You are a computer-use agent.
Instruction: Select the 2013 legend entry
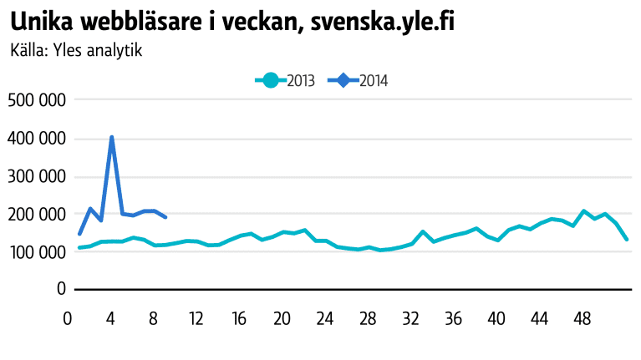284,81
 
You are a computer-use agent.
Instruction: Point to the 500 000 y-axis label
36,100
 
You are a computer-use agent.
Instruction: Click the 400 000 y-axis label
36,139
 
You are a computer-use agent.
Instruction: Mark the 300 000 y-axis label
36,176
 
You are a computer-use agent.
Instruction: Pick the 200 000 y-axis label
36,214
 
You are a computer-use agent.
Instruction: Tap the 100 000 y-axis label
36,251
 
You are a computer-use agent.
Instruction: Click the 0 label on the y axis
61,289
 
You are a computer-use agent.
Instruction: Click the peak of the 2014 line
112,137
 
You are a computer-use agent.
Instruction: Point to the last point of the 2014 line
165,217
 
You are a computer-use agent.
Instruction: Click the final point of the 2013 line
627,239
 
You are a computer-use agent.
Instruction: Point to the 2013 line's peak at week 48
584,211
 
